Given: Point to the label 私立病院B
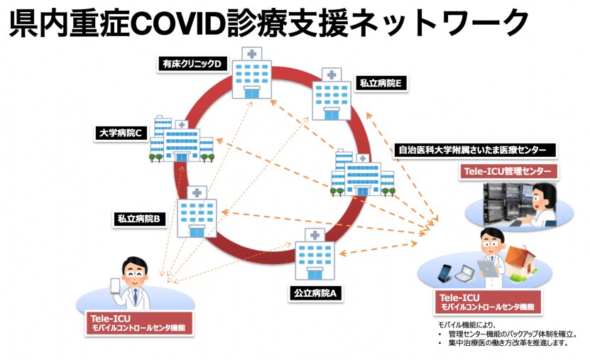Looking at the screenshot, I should point(140,219).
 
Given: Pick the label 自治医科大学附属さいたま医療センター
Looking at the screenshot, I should point(473,151).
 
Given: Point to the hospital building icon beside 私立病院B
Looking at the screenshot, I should point(197,212).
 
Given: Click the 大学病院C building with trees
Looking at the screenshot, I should point(181,139).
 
